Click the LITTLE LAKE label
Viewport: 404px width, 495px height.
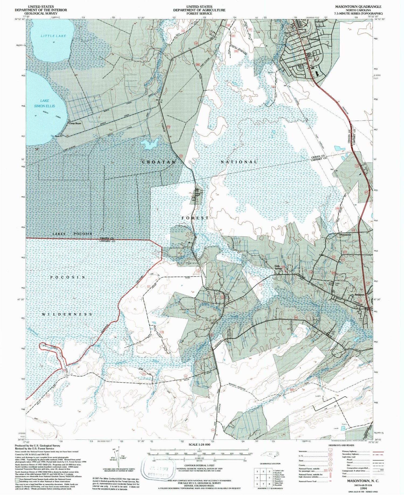pos(53,36)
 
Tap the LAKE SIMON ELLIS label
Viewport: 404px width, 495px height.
pos(45,103)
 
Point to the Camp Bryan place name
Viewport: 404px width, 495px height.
pos(75,124)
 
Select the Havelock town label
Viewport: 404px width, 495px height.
pos(314,39)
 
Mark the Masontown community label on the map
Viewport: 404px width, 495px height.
pos(346,235)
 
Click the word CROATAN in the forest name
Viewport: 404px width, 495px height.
pos(159,162)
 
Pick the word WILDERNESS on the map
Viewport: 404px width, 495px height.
pos(67,314)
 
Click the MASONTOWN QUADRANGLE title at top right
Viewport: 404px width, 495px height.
pos(358,6)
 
